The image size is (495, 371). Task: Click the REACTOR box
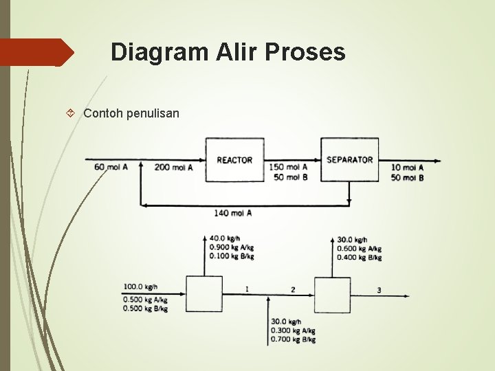(x=234, y=159)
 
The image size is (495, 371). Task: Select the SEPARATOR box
(x=349, y=159)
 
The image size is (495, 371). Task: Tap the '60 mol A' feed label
(x=111, y=167)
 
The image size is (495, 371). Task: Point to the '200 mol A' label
(x=173, y=167)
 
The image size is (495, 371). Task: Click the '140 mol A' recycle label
(x=232, y=213)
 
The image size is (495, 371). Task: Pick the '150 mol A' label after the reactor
(x=288, y=167)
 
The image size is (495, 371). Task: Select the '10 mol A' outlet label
(x=407, y=167)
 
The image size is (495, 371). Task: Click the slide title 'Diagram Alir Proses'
(x=228, y=52)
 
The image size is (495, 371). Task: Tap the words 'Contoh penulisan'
(x=131, y=113)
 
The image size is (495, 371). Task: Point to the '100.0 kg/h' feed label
(x=140, y=286)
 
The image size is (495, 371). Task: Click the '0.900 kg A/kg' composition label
(x=232, y=247)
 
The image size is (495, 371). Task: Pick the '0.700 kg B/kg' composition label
(x=293, y=339)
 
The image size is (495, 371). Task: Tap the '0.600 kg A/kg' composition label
(x=359, y=249)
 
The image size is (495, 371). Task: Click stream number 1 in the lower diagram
(x=247, y=289)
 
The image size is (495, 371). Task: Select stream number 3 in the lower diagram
(x=379, y=290)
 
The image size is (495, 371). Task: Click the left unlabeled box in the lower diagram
(x=203, y=294)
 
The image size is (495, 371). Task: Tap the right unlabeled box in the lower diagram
(x=332, y=294)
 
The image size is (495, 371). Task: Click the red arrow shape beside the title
(x=34, y=52)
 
